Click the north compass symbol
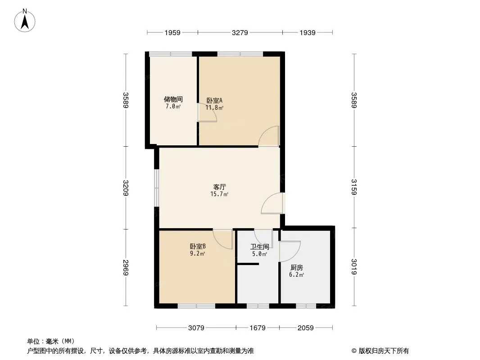(26, 20)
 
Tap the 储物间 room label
(173, 99)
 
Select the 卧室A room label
(214, 100)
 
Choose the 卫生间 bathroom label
(259, 247)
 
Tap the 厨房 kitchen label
(296, 267)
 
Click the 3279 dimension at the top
(240, 32)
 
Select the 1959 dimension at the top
(172, 32)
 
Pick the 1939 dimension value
(308, 32)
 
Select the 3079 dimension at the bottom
(196, 328)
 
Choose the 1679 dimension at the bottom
(258, 328)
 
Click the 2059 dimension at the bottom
(306, 328)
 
